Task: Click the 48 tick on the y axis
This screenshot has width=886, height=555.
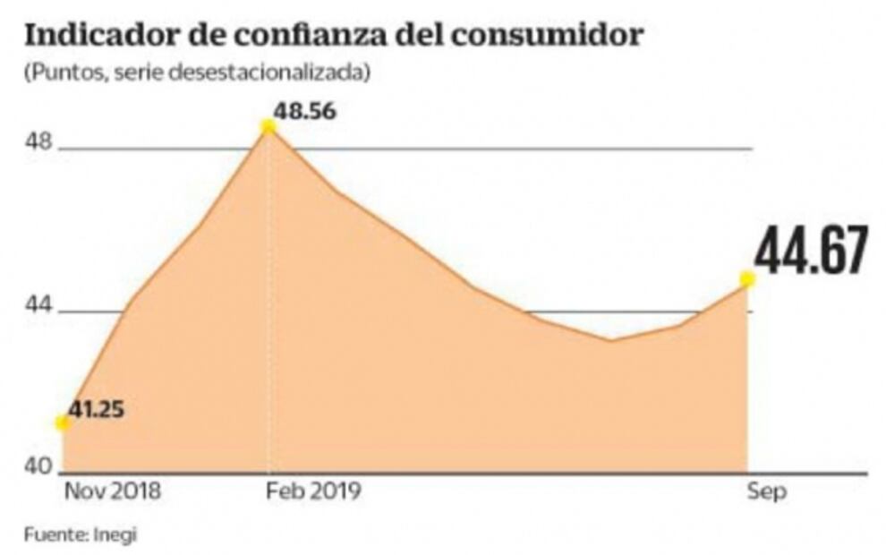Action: (40, 142)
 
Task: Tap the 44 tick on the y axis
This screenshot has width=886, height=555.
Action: (40, 307)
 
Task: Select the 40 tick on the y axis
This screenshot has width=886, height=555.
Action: (40, 467)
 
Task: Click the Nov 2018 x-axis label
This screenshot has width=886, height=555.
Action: (113, 491)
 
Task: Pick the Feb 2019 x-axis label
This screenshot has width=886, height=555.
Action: (311, 491)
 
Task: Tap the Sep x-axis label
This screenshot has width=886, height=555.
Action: (767, 491)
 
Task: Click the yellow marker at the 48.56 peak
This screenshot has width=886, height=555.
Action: (268, 126)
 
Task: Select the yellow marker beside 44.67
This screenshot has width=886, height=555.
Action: (747, 279)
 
